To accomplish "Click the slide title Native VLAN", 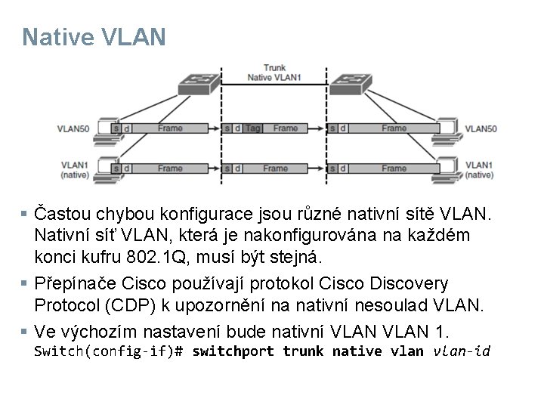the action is point(94,37).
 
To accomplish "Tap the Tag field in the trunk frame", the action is point(253,128).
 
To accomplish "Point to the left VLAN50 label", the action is point(76,128).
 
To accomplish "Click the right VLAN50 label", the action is point(481,128).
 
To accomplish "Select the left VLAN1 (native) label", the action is point(75,169).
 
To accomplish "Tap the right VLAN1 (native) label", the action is point(480,169).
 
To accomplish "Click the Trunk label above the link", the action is point(274,68).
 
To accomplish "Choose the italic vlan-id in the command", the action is point(460,351).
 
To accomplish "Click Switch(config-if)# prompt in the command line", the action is point(110,351).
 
